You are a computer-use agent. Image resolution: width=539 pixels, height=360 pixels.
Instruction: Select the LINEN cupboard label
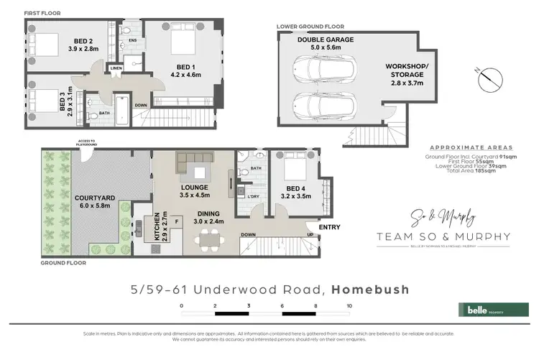116,68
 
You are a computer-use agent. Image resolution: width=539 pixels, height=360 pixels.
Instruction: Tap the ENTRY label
328,228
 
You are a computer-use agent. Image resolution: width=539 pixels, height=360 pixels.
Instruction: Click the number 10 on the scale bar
349,305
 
